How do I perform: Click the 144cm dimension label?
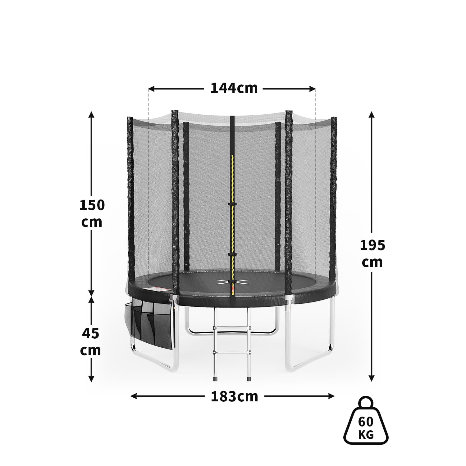tap(234, 88)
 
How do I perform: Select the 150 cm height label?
tap(92, 213)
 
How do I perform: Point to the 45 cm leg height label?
tap(91, 342)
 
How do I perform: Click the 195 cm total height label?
tap(372, 254)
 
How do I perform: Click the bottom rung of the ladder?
tap(231, 352)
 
